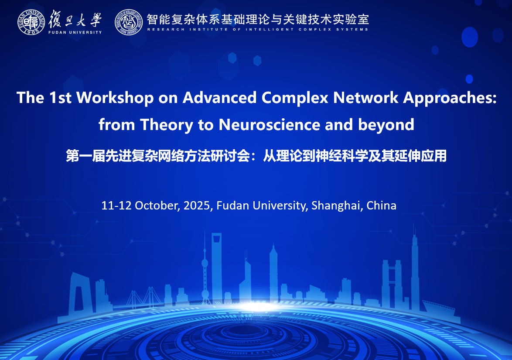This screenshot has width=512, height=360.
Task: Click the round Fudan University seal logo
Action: (x=31, y=22)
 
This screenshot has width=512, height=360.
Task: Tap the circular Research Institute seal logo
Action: (x=129, y=22)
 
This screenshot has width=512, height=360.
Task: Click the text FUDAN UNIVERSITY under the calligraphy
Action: (x=75, y=32)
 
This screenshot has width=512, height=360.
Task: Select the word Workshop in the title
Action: (x=115, y=98)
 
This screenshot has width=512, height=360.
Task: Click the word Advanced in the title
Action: (x=220, y=98)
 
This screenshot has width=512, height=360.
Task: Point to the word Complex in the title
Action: (x=295, y=98)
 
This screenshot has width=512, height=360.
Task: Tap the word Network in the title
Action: (x=366, y=98)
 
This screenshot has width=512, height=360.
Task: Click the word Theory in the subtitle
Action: (x=167, y=125)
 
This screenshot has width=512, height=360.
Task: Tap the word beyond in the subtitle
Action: (x=386, y=125)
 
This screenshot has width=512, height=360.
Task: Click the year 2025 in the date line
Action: (x=197, y=206)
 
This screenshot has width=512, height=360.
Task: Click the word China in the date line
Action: (x=382, y=206)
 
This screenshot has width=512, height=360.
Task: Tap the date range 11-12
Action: (x=116, y=206)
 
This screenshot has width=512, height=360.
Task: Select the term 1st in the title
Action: (x=60, y=98)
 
